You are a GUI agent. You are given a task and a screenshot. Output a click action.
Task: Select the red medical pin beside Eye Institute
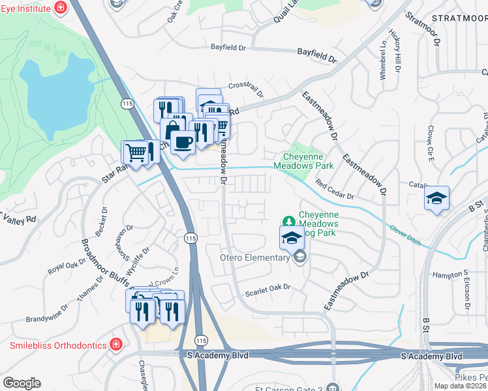pyautogui.click(x=61, y=7)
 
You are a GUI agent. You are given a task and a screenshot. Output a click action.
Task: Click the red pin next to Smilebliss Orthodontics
pyautogui.click(x=115, y=343)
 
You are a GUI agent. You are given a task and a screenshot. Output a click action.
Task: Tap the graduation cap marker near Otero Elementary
pyautogui.click(x=292, y=239)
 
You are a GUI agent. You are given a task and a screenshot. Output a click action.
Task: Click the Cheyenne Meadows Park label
pyautogui.click(x=307, y=161)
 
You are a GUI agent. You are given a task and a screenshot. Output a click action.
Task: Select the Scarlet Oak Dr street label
pyautogui.click(x=267, y=288)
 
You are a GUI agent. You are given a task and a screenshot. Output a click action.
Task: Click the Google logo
pyautogui.click(x=22, y=383)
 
